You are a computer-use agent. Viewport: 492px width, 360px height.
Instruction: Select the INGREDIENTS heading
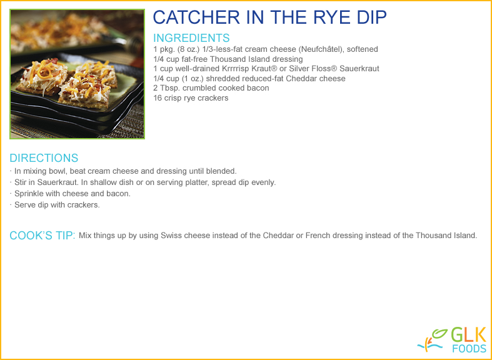click(x=191, y=38)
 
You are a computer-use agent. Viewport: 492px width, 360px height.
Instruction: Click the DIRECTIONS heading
click(x=44, y=157)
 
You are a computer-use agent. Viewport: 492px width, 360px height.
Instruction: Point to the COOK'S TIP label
click(x=43, y=236)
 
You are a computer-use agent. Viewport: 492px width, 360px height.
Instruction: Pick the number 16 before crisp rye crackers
click(x=157, y=98)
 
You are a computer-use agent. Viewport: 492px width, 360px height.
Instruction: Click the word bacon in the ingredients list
click(x=259, y=88)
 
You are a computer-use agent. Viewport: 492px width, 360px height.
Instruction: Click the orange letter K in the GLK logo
click(x=480, y=334)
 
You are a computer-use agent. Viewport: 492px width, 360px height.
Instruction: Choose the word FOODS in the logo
click(x=469, y=348)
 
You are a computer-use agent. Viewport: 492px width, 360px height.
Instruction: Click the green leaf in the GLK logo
click(x=440, y=334)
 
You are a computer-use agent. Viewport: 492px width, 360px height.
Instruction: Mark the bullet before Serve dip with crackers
click(x=11, y=205)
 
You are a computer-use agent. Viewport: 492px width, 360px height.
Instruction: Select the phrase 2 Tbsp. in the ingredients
click(x=167, y=88)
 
